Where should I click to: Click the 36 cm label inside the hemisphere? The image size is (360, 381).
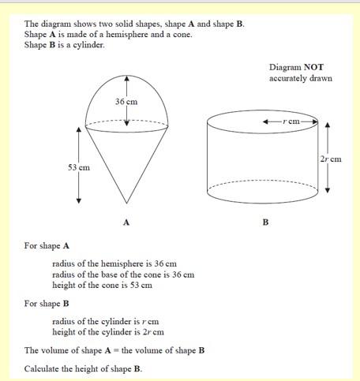(126, 102)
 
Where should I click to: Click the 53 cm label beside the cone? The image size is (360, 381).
(79, 167)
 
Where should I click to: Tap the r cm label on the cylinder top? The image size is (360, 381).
(293, 121)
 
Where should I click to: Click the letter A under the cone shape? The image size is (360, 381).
(126, 222)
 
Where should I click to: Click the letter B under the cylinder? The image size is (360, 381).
(265, 222)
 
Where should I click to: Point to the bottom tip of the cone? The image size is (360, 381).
(126, 204)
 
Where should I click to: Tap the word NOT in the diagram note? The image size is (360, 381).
(315, 68)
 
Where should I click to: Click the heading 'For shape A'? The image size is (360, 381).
(47, 245)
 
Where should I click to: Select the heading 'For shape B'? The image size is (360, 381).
(47, 303)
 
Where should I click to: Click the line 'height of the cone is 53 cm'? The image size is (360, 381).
(102, 285)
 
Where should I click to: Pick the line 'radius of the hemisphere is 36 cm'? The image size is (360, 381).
(114, 263)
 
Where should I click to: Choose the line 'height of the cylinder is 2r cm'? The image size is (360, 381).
(108, 332)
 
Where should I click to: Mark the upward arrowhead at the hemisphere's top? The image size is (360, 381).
(126, 77)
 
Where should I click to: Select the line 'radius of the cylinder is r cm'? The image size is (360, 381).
(106, 322)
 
